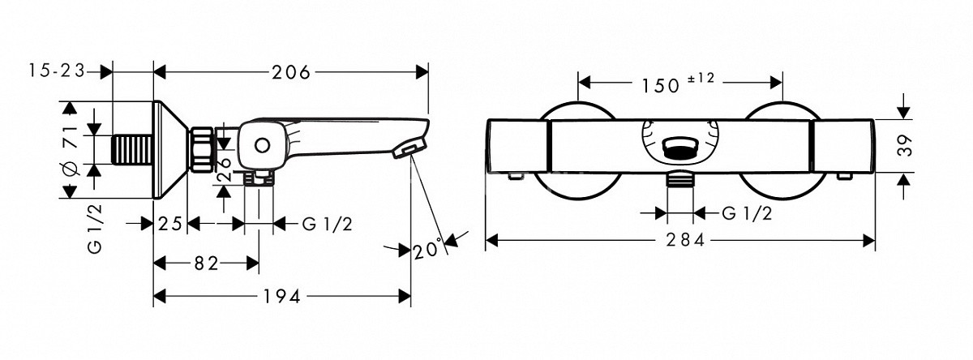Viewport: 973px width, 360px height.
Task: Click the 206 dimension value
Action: [x=291, y=72]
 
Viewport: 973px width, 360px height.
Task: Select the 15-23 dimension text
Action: [x=57, y=71]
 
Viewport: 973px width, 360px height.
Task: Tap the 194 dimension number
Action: [x=282, y=297]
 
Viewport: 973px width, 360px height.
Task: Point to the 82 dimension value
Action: [x=206, y=264]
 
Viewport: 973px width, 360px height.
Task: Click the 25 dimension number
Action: [x=169, y=224]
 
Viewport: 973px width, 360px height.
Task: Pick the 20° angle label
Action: [x=428, y=249]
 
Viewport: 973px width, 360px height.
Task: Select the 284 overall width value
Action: [x=685, y=240]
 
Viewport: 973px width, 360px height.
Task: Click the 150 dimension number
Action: [x=660, y=86]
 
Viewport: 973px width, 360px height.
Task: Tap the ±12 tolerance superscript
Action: [x=701, y=78]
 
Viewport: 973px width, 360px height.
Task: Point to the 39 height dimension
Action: [x=904, y=145]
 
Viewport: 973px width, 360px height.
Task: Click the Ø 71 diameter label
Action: [x=71, y=151]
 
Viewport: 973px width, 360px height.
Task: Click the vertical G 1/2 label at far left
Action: [x=95, y=229]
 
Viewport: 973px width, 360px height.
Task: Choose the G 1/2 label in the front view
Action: [x=747, y=213]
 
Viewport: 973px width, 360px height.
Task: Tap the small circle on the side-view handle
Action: [x=263, y=145]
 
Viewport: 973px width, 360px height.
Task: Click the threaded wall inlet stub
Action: [x=132, y=149]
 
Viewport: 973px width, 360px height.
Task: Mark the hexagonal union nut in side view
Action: [x=201, y=149]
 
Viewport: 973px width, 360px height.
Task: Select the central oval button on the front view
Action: [x=679, y=149]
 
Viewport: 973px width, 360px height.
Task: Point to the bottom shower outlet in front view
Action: [x=679, y=180]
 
